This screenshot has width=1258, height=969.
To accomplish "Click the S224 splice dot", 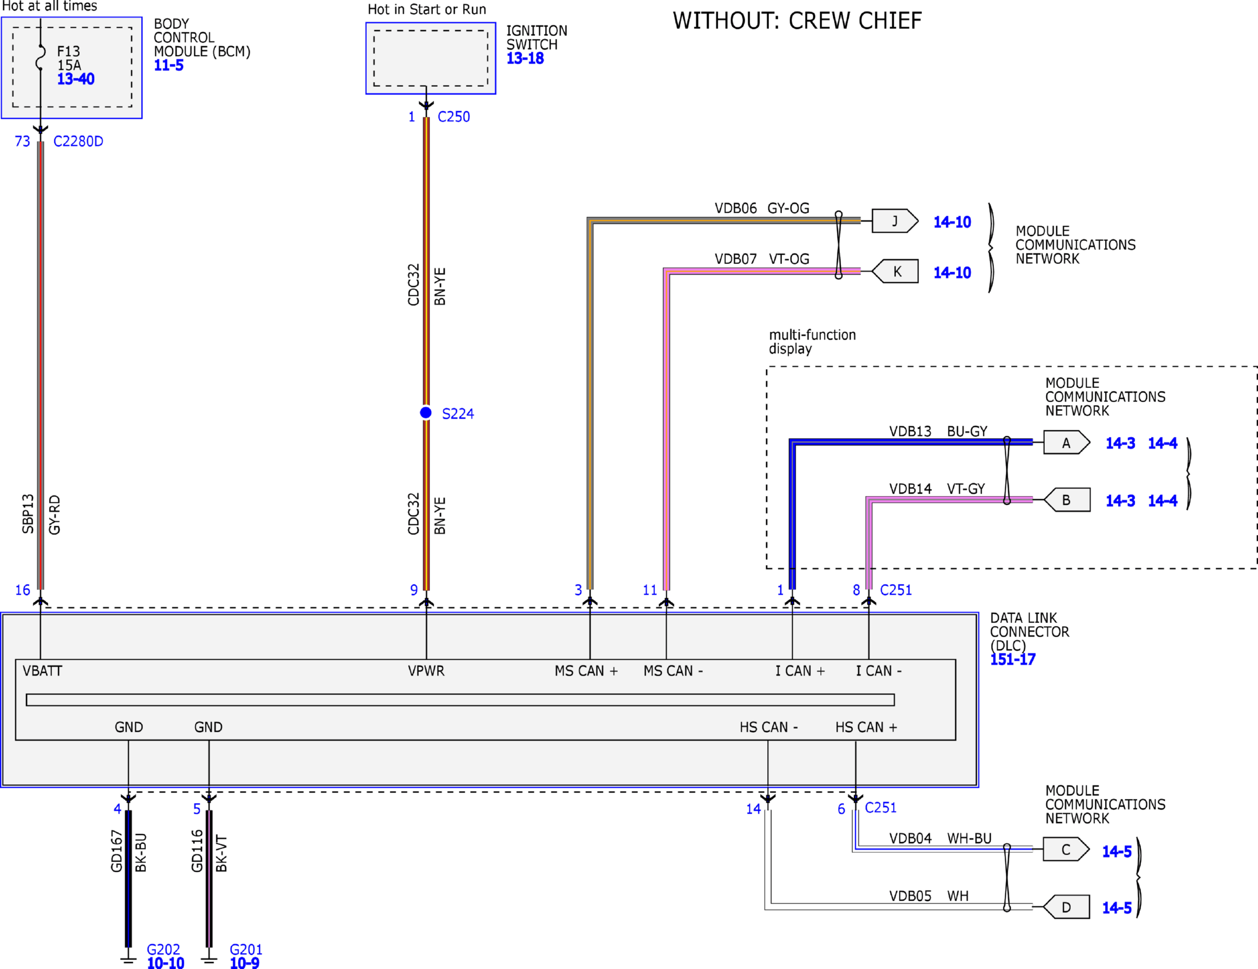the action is pyautogui.click(x=426, y=413).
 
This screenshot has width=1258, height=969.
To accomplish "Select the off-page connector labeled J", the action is pyautogui.click(x=895, y=221).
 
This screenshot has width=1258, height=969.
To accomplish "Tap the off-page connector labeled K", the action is pyautogui.click(x=895, y=271).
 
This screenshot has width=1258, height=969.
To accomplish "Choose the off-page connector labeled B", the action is pyautogui.click(x=1067, y=500).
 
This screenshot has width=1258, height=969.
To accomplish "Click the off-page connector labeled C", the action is pyautogui.click(x=1066, y=849).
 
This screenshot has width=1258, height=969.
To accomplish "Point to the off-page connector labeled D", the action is pyautogui.click(x=1066, y=907).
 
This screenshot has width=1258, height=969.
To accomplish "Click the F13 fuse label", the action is pyautogui.click(x=69, y=51).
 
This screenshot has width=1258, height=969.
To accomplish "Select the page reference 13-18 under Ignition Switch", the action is pyautogui.click(x=525, y=58).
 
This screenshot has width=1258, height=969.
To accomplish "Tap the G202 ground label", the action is pyautogui.click(x=163, y=950).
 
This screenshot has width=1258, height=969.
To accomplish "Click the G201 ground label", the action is pyautogui.click(x=246, y=950).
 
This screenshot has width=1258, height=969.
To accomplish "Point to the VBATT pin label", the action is pyautogui.click(x=43, y=671).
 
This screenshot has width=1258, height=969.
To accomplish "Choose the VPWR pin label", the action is pyautogui.click(x=426, y=671).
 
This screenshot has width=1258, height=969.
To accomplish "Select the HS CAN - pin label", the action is pyautogui.click(x=769, y=727).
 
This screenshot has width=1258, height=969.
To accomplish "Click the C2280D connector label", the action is pyautogui.click(x=78, y=141).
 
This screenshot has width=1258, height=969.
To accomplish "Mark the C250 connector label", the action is pyautogui.click(x=454, y=117).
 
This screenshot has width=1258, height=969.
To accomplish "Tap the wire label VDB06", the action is pyautogui.click(x=735, y=208).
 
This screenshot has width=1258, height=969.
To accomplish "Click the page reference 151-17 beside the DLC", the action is pyautogui.click(x=1013, y=660).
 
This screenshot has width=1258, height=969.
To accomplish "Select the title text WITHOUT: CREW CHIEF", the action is pyautogui.click(x=797, y=21).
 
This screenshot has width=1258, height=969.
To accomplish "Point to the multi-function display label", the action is pyautogui.click(x=812, y=342).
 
